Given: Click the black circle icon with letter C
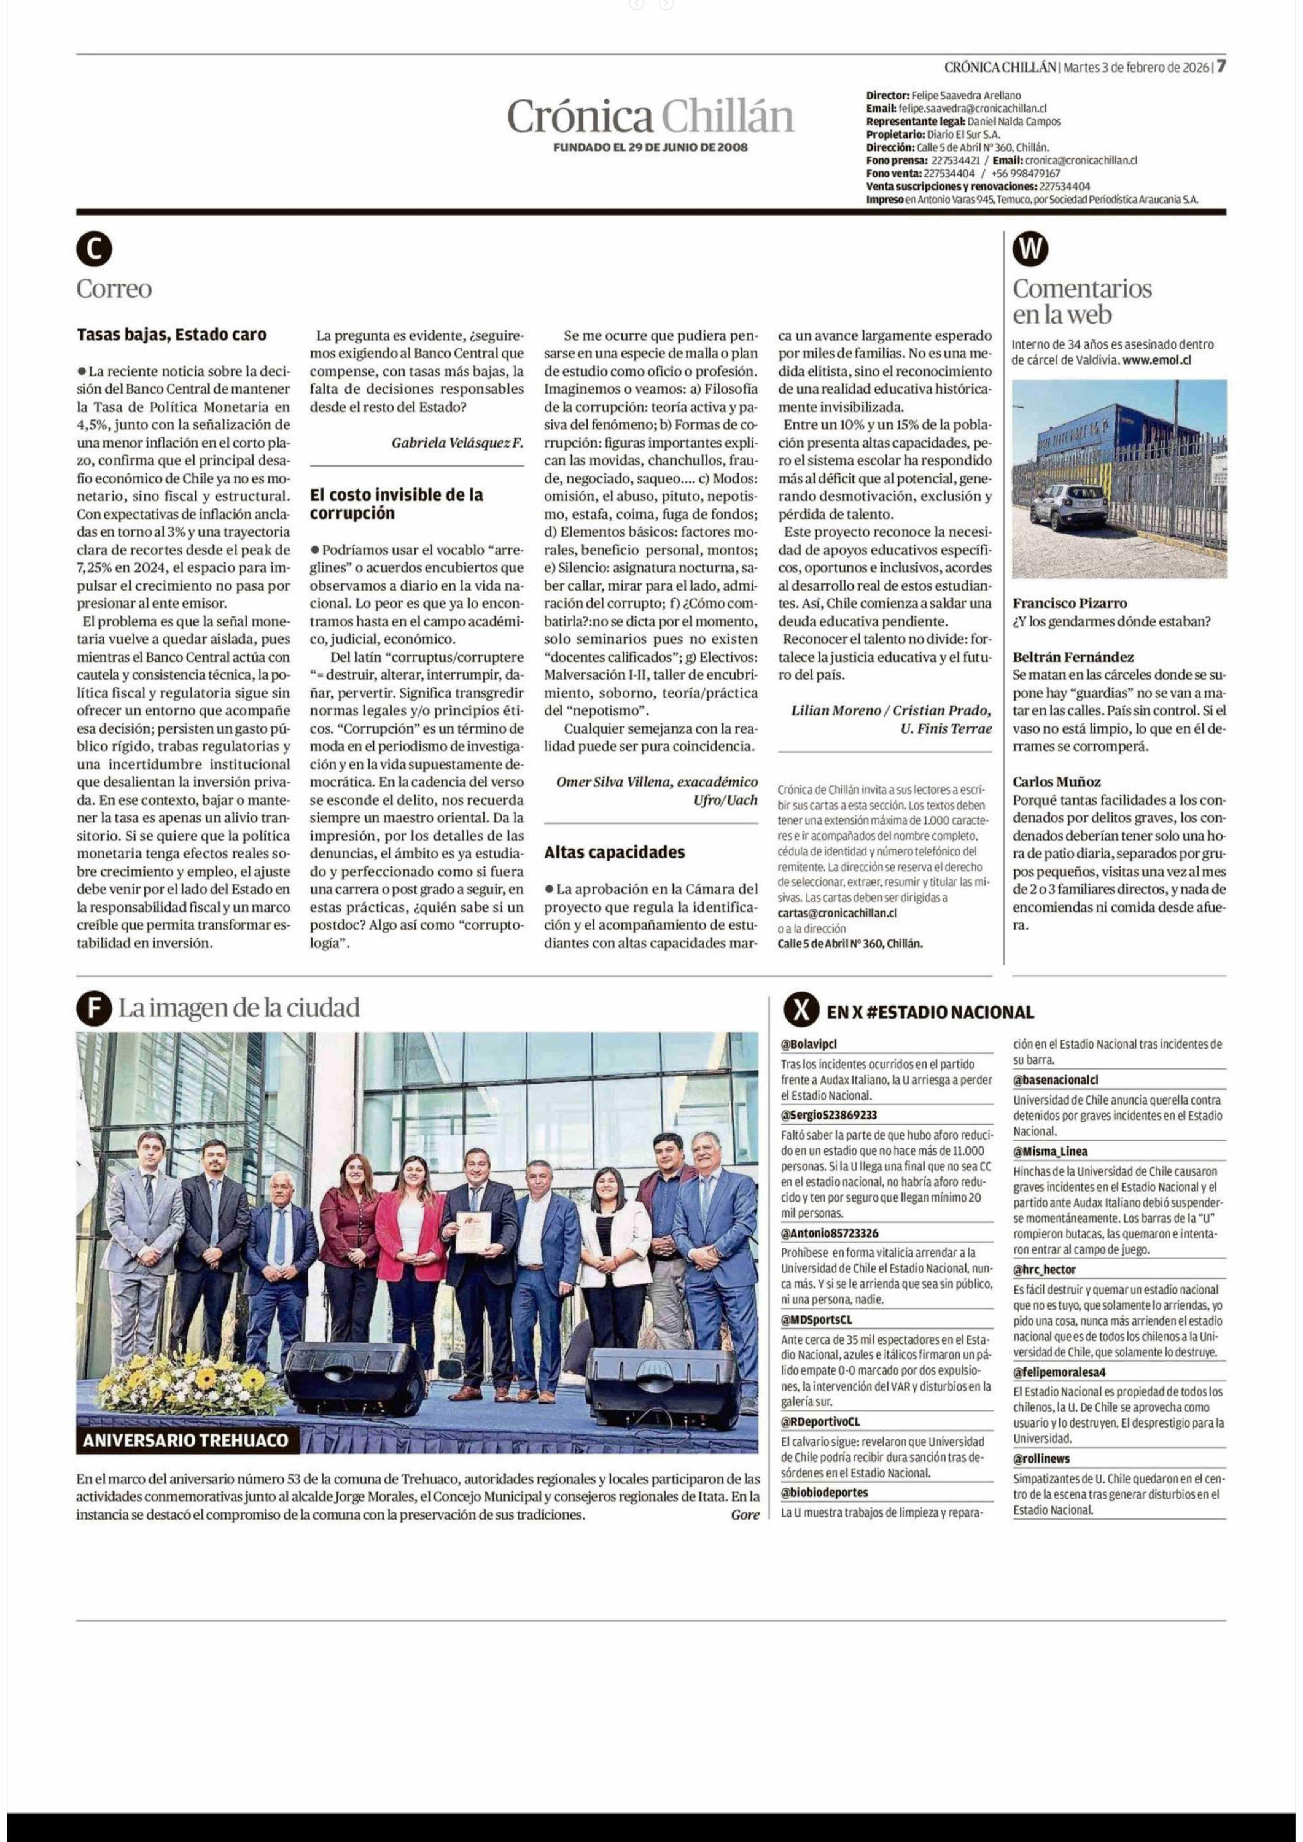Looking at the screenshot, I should tap(94, 250).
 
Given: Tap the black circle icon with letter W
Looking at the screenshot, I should tap(1030, 250).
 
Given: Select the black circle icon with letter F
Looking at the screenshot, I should tap(94, 1009).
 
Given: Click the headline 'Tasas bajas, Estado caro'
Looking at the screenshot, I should tap(172, 335).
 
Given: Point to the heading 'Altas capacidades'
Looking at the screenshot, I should tap(615, 852).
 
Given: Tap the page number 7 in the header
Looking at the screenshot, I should tap(1220, 67).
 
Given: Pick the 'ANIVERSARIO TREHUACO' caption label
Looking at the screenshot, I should tap(185, 1440).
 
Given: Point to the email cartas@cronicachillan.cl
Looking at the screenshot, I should tap(837, 913).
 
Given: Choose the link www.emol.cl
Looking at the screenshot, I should tap(1156, 360).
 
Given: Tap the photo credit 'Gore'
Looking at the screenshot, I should tap(745, 1515).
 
